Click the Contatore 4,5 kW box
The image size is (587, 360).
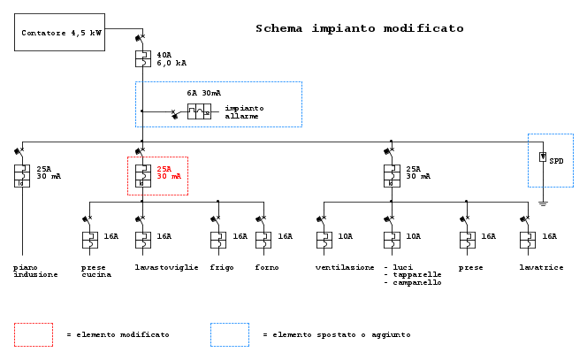pos(60,32)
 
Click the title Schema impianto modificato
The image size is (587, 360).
pos(359,28)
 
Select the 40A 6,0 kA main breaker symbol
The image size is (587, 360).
pos(141,59)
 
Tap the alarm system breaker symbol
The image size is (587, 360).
pos(199,111)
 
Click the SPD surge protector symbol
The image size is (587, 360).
pos(543,157)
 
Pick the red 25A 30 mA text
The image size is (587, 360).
pos(171,172)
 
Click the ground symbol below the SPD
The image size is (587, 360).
pos(543,203)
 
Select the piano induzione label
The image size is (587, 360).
pos(35,271)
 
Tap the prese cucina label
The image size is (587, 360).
pos(96,271)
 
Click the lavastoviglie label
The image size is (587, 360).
pos(165,266)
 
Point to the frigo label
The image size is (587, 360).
pos(222,266)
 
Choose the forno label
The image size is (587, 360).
pos(267,266)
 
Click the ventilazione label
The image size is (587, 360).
pos(345,266)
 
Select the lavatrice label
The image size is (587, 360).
pos(542,266)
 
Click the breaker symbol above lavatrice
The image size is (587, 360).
pos(528,240)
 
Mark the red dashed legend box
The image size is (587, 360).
pos(33,334)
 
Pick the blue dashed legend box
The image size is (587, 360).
pos(229,334)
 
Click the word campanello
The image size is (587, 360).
pos(416,282)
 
